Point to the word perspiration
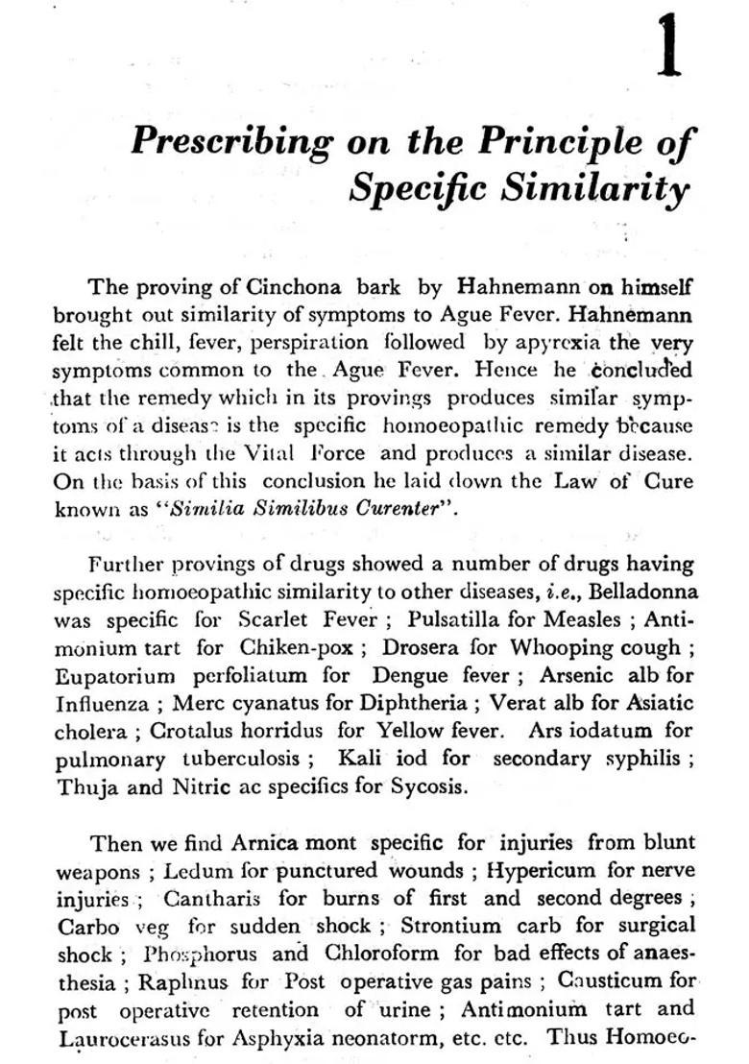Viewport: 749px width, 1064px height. pos(309,342)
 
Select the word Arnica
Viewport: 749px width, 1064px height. pos(265,843)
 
